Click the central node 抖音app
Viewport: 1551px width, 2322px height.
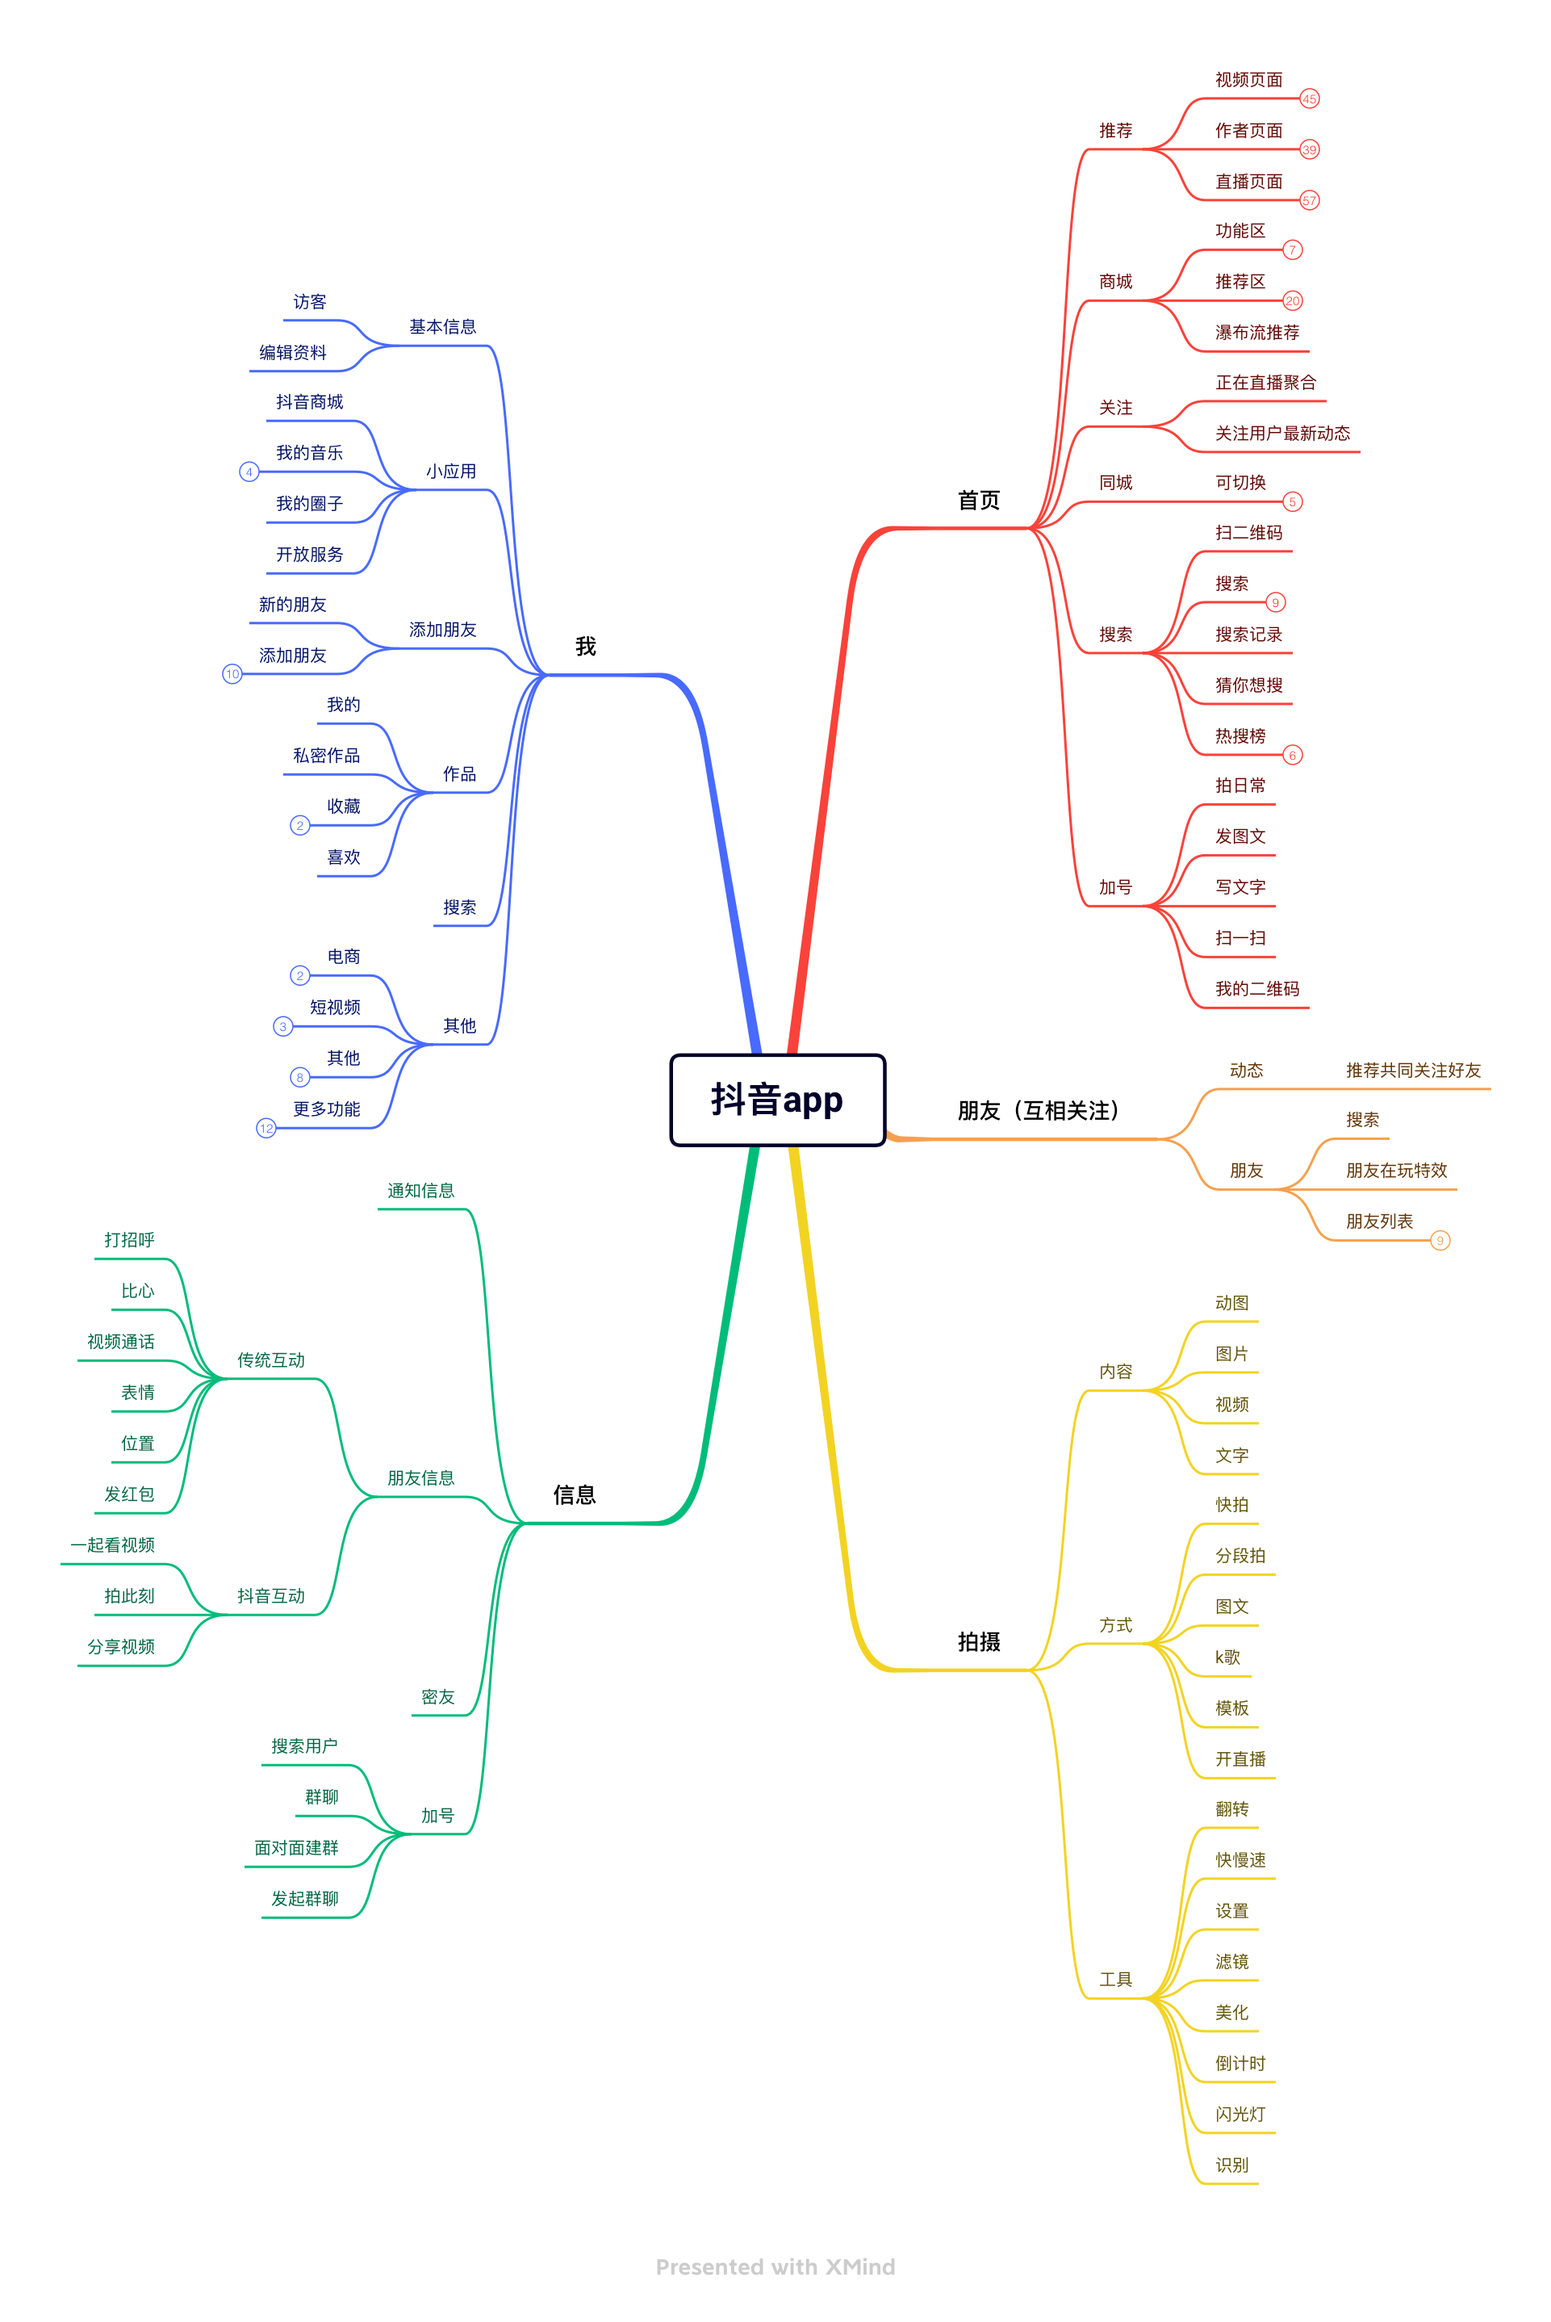click(x=777, y=1100)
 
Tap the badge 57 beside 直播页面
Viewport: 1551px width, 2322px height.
click(x=1309, y=201)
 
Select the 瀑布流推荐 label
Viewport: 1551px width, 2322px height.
click(x=1257, y=333)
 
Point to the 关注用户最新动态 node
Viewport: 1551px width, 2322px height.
click(x=1282, y=434)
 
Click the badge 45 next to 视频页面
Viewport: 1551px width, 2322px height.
click(x=1309, y=99)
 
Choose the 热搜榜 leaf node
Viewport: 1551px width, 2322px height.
click(x=1240, y=736)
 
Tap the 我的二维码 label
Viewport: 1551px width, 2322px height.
click(x=1257, y=988)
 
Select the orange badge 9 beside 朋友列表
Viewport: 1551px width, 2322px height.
click(x=1440, y=1241)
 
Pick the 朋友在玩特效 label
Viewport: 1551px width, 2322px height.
click(x=1396, y=1171)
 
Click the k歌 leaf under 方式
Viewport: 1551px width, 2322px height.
click(x=1227, y=1658)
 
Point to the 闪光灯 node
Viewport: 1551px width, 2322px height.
click(x=1240, y=2115)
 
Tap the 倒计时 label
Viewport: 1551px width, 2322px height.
click(x=1240, y=2063)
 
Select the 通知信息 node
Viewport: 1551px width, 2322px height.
click(x=420, y=1190)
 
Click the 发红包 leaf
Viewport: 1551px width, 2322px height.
click(x=130, y=1494)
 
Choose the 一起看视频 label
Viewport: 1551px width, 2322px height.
click(x=113, y=1545)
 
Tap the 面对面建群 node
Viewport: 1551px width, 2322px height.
click(x=297, y=1848)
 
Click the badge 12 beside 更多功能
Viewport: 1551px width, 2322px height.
click(x=266, y=1128)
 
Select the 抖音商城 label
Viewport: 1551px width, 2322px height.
click(x=310, y=402)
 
